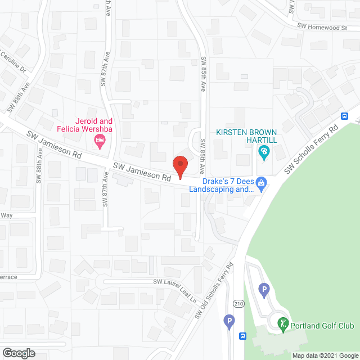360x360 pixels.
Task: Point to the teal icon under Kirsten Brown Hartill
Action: point(263,151)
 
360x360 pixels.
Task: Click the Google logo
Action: point(18,353)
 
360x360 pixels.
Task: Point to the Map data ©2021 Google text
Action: point(325,355)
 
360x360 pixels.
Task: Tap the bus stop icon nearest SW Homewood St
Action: point(344,116)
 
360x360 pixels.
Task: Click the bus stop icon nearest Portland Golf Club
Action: point(242,336)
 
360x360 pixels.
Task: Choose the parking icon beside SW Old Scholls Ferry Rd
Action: point(228,322)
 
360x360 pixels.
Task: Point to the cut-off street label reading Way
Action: point(6,215)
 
